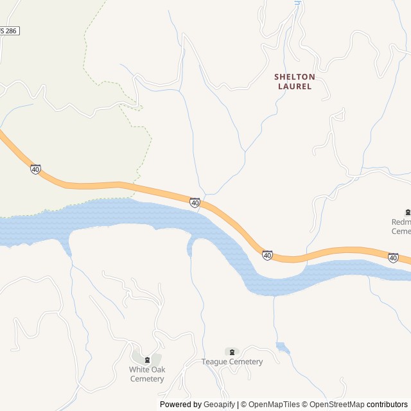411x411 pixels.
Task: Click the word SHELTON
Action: (295, 76)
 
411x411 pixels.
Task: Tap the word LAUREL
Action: (295, 86)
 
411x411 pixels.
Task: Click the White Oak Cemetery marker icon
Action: (147, 360)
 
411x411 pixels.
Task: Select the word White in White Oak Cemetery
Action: (139, 370)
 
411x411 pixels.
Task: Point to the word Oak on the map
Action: (158, 370)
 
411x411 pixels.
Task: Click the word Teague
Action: (214, 362)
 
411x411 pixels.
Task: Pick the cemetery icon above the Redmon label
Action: (407, 213)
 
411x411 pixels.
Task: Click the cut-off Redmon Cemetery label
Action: (401, 227)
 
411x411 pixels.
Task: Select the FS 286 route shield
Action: (8, 30)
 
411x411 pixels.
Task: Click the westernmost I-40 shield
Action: (35, 170)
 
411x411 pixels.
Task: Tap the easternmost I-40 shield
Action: (393, 258)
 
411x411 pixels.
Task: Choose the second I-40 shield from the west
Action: (195, 203)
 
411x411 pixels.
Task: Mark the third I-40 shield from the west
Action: (267, 256)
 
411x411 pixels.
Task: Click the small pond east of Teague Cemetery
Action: (283, 347)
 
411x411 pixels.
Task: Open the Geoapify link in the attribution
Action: (220, 405)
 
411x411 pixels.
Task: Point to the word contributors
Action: (387, 405)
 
